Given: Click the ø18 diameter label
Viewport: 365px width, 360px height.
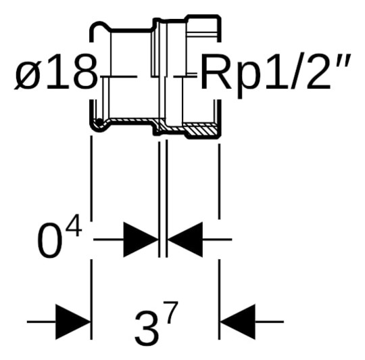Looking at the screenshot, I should [x=56, y=73].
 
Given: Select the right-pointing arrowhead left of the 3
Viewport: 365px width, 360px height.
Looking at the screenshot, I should [x=73, y=320].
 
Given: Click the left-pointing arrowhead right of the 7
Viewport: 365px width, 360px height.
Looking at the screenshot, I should [x=237, y=320].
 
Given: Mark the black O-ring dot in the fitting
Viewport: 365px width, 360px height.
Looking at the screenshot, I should [x=100, y=122].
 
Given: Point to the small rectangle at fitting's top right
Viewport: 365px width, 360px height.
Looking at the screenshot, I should [x=202, y=28].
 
